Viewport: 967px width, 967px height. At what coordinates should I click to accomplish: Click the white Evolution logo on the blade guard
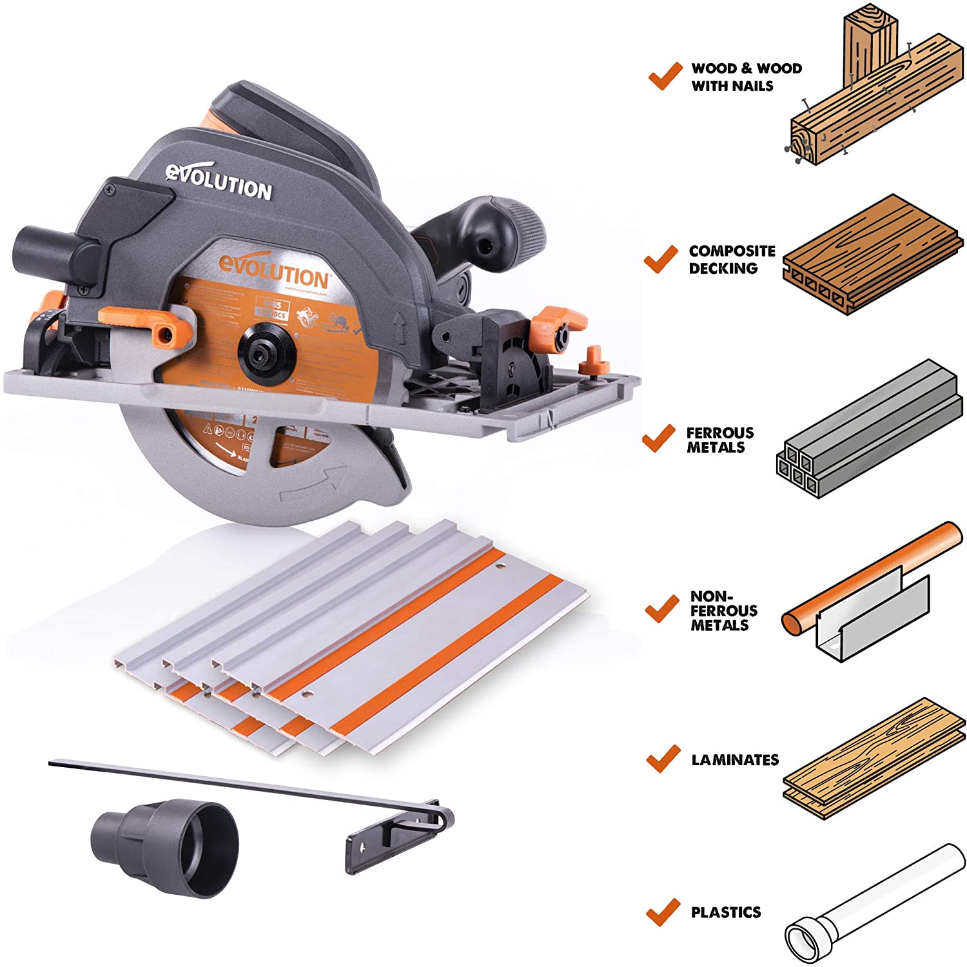tap(219, 182)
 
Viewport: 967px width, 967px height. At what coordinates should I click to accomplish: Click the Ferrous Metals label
tap(719, 440)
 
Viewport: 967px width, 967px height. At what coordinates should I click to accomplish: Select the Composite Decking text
tap(732, 259)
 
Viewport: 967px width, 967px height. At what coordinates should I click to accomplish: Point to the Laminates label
tap(735, 760)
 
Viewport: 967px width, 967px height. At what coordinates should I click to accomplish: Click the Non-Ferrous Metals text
tap(723, 610)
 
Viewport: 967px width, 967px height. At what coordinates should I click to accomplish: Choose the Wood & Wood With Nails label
tap(746, 77)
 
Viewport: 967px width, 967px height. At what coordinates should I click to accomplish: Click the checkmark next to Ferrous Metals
tap(658, 438)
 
